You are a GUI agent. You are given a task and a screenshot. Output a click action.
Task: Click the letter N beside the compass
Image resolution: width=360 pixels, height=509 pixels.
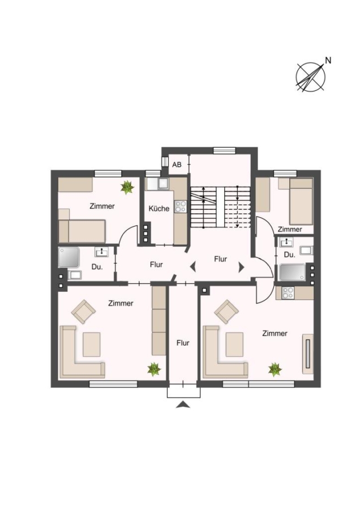coord(328,61)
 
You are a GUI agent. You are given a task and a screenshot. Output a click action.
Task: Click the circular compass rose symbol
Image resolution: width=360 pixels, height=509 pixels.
coord(310,77)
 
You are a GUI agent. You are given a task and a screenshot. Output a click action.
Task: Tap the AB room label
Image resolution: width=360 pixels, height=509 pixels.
coord(177,165)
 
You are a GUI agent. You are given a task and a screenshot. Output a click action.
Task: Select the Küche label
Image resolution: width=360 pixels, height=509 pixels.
coord(159,208)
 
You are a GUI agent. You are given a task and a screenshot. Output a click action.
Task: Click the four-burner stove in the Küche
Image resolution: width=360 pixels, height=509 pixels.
coord(181,206)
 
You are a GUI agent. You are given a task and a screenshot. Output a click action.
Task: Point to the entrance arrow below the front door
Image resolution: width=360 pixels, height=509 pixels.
coord(183,404)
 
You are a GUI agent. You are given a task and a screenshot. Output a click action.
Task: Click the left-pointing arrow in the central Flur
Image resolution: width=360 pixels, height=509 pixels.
coord(193,267)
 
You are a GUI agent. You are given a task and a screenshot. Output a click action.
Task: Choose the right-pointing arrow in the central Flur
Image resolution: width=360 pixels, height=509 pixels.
coord(241,267)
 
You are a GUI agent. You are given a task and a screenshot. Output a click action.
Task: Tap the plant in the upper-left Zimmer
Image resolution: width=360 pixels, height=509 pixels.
coord(127,187)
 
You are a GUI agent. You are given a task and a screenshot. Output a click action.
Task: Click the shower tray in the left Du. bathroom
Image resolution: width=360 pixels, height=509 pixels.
coord(69,257)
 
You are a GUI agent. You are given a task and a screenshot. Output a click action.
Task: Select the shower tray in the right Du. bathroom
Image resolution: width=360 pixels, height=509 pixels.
coord(293,272)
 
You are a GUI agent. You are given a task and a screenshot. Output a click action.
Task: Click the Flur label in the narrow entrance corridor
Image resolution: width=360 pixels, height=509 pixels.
coord(183,343)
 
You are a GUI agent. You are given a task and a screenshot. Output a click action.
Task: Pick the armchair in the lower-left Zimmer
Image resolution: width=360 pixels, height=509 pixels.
coord(84,312)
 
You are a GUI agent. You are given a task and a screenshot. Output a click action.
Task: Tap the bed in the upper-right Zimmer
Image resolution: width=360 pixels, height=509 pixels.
coord(301,201)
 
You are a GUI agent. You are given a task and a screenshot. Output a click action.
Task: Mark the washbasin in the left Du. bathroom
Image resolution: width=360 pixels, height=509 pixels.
coord(102,252)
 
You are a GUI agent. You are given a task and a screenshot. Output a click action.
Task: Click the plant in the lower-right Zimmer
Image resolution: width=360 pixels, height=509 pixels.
coord(275,369)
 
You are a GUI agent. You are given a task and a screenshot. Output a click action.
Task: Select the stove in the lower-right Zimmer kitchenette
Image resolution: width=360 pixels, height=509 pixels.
coord(288,292)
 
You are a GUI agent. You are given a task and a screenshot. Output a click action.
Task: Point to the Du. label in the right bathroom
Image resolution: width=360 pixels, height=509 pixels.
coord(289,255)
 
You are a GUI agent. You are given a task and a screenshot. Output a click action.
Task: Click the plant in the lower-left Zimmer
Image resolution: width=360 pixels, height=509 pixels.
coord(154,369)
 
